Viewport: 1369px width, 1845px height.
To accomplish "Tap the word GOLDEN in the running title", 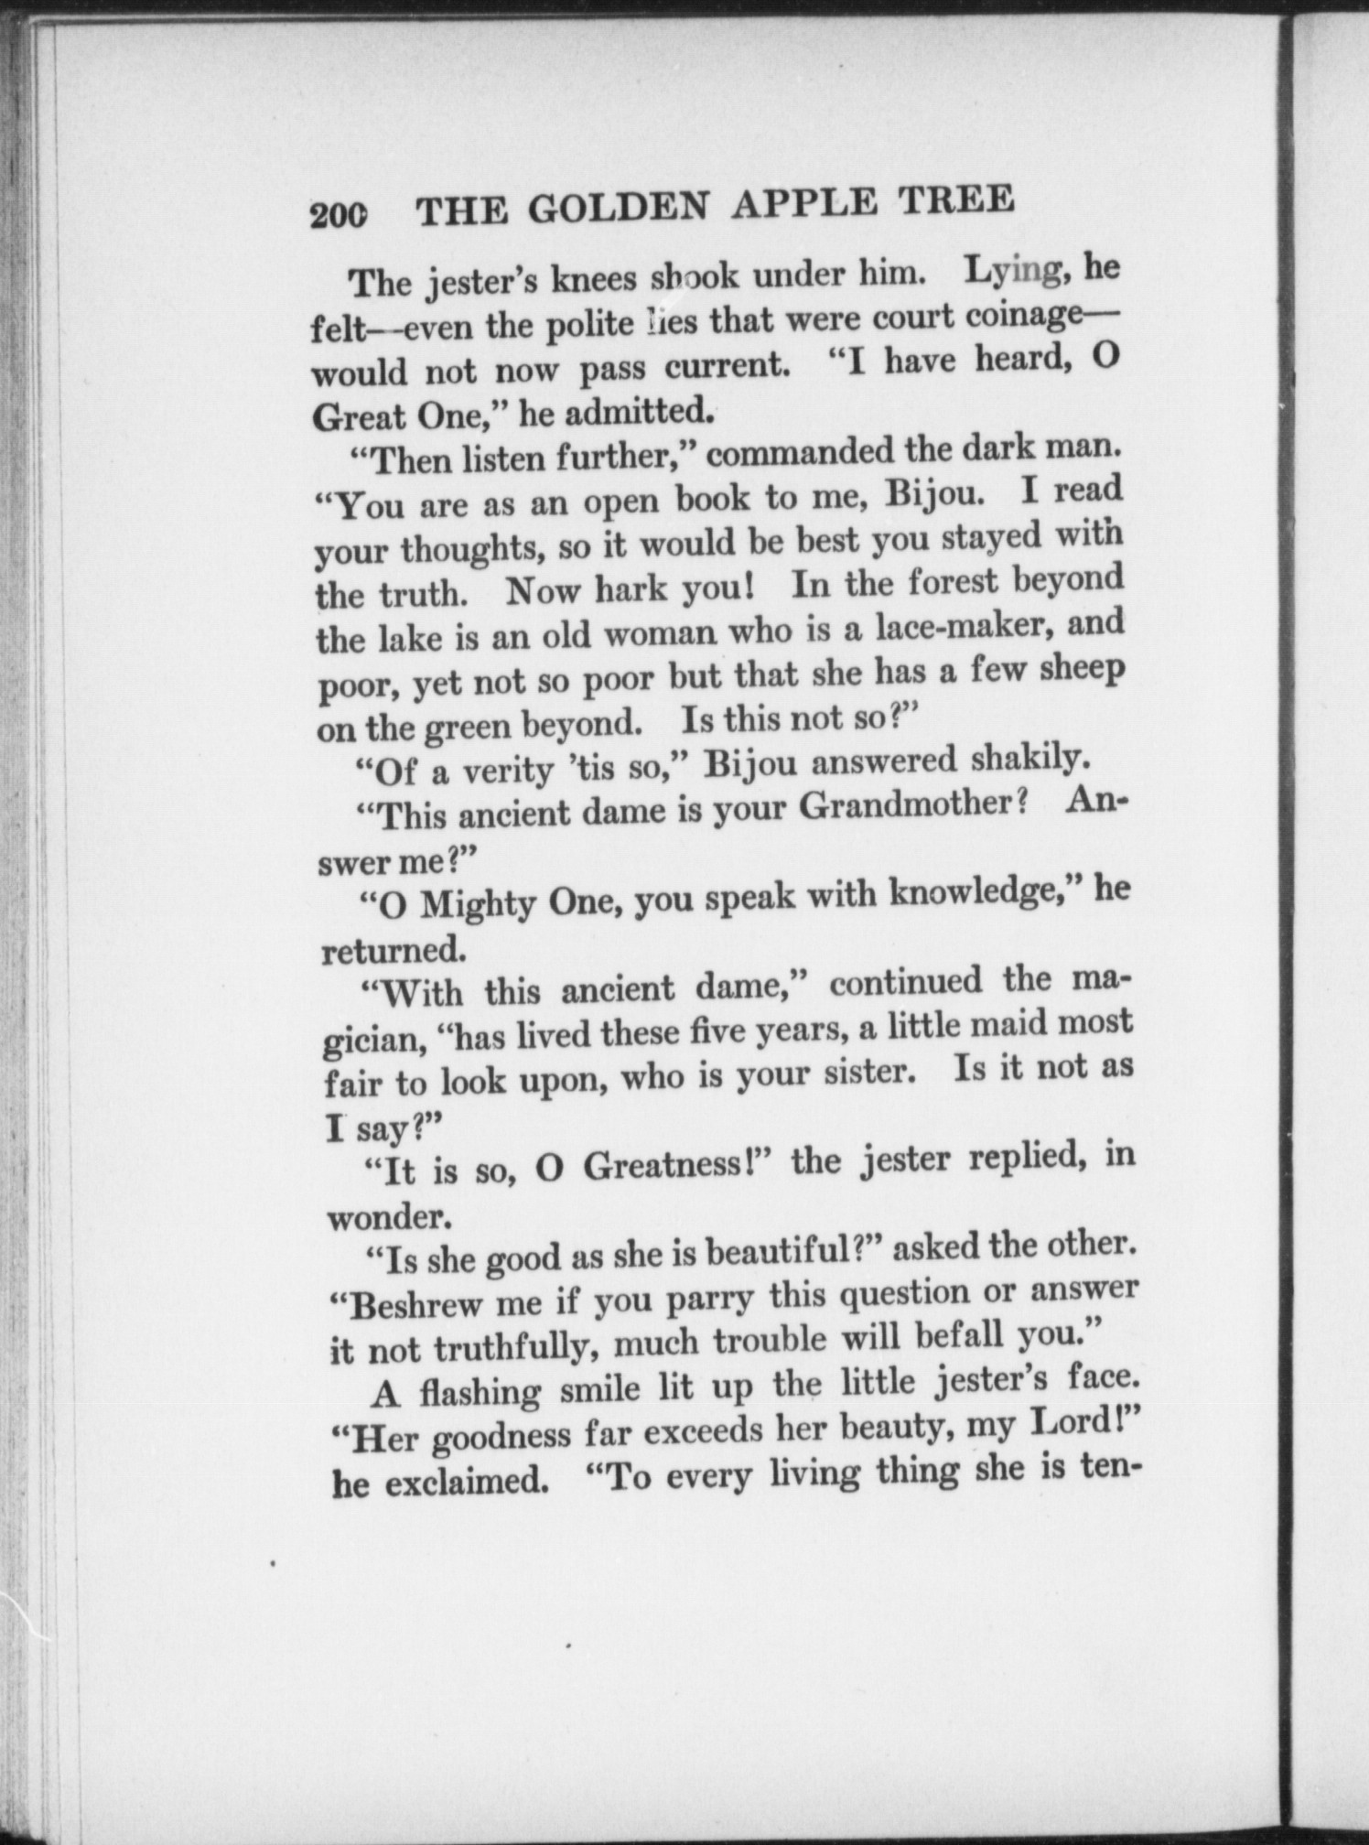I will tap(618, 208).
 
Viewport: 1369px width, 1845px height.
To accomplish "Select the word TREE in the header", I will tap(956, 199).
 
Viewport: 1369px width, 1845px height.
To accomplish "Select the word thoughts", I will tap(472, 548).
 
